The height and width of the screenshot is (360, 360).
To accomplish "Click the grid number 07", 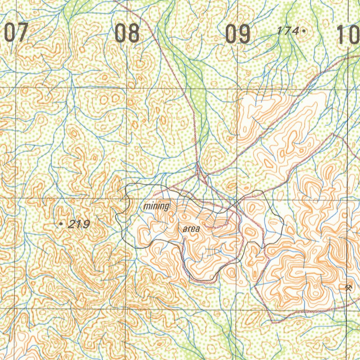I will (x=15, y=33).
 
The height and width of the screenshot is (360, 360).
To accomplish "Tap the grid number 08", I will (x=127, y=33).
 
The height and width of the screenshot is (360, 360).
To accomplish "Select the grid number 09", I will (x=238, y=34).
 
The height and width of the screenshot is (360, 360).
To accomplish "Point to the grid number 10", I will (x=348, y=35).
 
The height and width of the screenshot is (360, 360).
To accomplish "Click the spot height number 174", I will (x=288, y=31).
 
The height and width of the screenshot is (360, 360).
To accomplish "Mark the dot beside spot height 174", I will (x=303, y=31).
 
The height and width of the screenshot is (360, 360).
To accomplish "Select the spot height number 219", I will (x=79, y=224).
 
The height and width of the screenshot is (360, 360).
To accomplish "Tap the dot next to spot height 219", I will (x=62, y=223).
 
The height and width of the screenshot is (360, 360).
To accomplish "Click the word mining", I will (x=156, y=206).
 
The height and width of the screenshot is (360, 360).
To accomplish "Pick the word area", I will (x=191, y=229).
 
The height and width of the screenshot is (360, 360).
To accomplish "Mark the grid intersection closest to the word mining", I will (x=127, y=199).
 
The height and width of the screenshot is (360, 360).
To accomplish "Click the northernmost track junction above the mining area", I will (x=198, y=164).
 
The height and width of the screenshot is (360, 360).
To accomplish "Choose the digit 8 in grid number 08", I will (x=133, y=33).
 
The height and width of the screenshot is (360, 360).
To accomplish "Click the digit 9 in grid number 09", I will (x=244, y=34).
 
